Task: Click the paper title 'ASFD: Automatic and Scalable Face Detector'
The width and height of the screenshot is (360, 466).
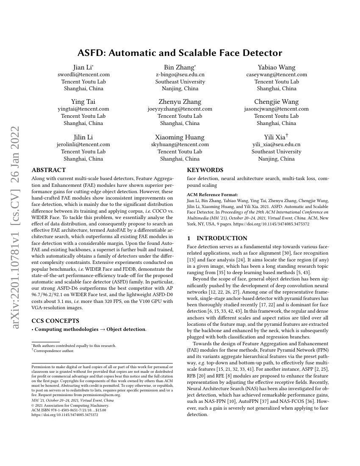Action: point(180,53)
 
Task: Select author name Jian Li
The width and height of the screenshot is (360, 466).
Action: point(83,67)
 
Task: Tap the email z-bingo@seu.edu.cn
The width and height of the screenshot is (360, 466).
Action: point(180,75)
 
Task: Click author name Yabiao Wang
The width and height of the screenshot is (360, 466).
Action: point(277,67)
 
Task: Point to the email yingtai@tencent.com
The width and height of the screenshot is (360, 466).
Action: point(83,109)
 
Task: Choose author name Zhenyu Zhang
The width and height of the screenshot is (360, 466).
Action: point(180,102)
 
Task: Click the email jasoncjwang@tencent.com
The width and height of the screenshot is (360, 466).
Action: point(277,109)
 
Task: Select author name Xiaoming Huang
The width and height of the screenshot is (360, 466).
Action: point(180,137)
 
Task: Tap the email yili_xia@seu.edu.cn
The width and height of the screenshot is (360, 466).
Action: point(277,144)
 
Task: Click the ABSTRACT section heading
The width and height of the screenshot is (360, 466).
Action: point(49,170)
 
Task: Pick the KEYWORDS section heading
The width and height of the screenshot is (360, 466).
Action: point(205,170)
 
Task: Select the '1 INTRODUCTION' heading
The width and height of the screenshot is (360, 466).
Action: point(217,238)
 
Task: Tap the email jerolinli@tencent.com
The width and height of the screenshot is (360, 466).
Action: point(83,144)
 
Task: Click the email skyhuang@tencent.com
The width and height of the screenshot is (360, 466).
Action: point(180,144)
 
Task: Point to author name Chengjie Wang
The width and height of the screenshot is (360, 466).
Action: point(277,102)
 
